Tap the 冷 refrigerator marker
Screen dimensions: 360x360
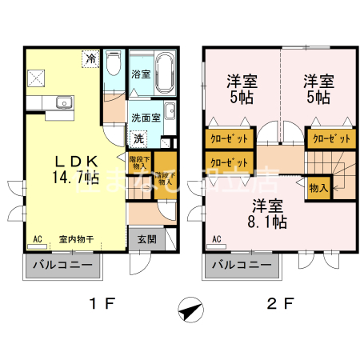pyautogui.click(x=91, y=58)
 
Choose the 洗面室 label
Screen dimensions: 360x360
pyautogui.click(x=146, y=117)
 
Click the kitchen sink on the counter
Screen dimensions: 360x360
pyautogui.click(x=62, y=102)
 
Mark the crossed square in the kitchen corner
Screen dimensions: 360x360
pyautogui.click(x=36, y=78)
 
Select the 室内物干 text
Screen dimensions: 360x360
pyautogui.click(x=77, y=238)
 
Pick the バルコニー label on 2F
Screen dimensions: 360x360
pyautogui.click(x=241, y=265)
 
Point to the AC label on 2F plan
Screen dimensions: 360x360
pyautogui.click(x=218, y=238)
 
